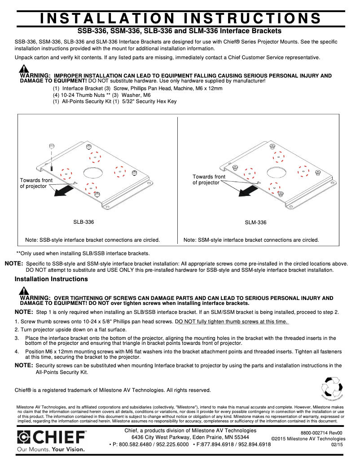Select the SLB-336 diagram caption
(83, 222)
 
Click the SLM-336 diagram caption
(255, 222)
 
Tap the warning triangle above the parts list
(24, 69)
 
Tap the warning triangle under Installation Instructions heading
(24, 291)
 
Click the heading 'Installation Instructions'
(51, 279)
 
